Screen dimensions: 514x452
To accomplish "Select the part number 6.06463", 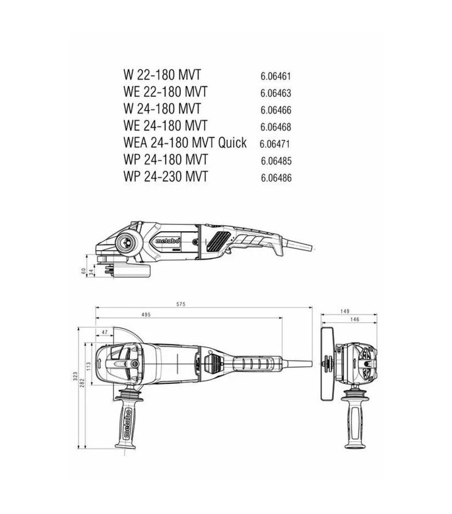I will [276, 93].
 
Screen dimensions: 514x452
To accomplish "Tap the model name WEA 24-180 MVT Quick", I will [185, 143].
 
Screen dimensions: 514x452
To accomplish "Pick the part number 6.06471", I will [275, 144].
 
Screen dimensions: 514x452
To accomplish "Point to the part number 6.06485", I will [276, 161].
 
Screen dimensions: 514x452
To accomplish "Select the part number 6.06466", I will [276, 110].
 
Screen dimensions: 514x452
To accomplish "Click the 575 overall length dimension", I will [181, 304].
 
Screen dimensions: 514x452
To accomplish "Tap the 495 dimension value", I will [146, 314].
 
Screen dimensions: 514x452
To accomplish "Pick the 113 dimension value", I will [89, 366].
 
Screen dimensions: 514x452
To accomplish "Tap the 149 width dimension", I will [344, 312].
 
